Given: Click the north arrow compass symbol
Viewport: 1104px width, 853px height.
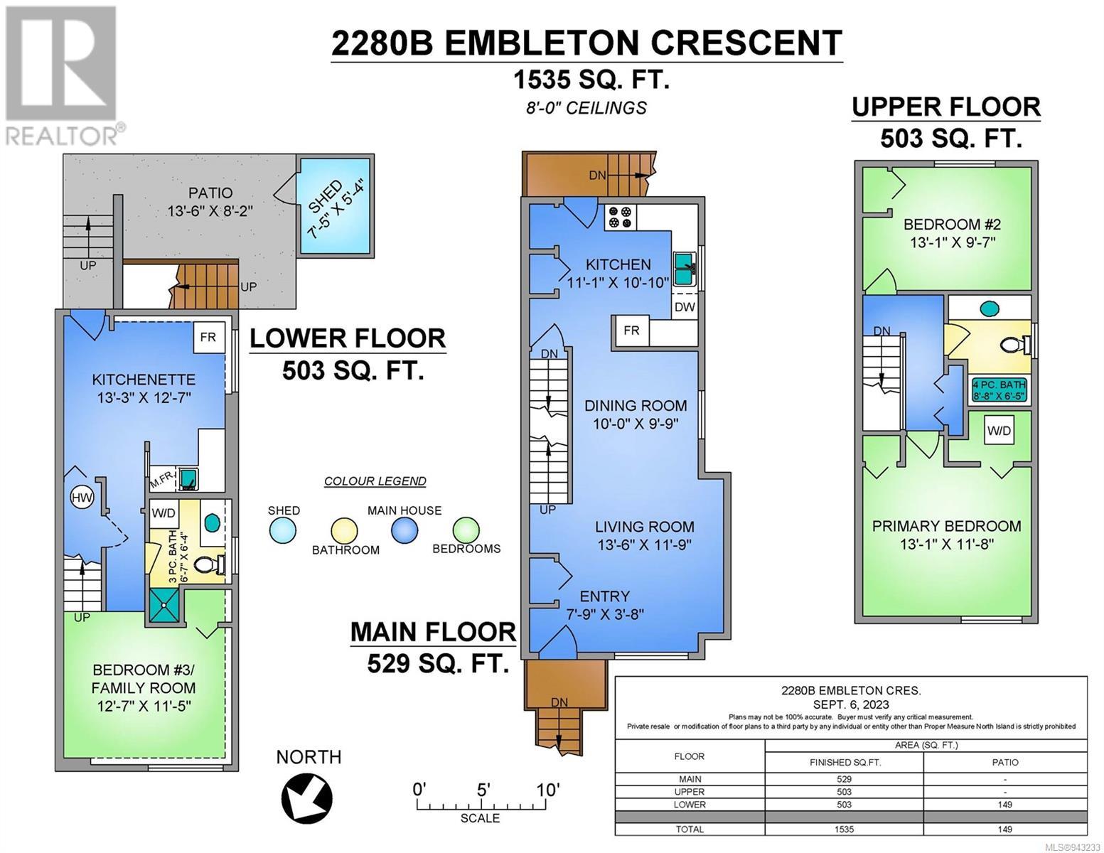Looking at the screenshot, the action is [307, 795].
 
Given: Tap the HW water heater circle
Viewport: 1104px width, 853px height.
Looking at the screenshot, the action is [82, 498].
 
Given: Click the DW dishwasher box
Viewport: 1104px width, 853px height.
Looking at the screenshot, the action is [685, 306].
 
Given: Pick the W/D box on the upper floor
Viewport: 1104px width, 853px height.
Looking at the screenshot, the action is [998, 431].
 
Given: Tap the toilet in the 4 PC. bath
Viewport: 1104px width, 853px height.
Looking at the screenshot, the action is [1017, 346].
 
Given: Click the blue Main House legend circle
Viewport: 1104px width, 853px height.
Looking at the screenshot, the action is [404, 530].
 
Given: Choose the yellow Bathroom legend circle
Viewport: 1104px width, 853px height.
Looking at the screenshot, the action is [345, 531].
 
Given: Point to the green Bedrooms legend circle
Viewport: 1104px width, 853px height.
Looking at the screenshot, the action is [466, 530].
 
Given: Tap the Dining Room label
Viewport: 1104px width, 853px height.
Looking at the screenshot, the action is [636, 405].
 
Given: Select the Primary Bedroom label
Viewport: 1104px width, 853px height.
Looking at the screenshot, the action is [946, 526].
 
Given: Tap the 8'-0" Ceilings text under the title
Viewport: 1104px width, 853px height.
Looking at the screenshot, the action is [586, 108].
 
